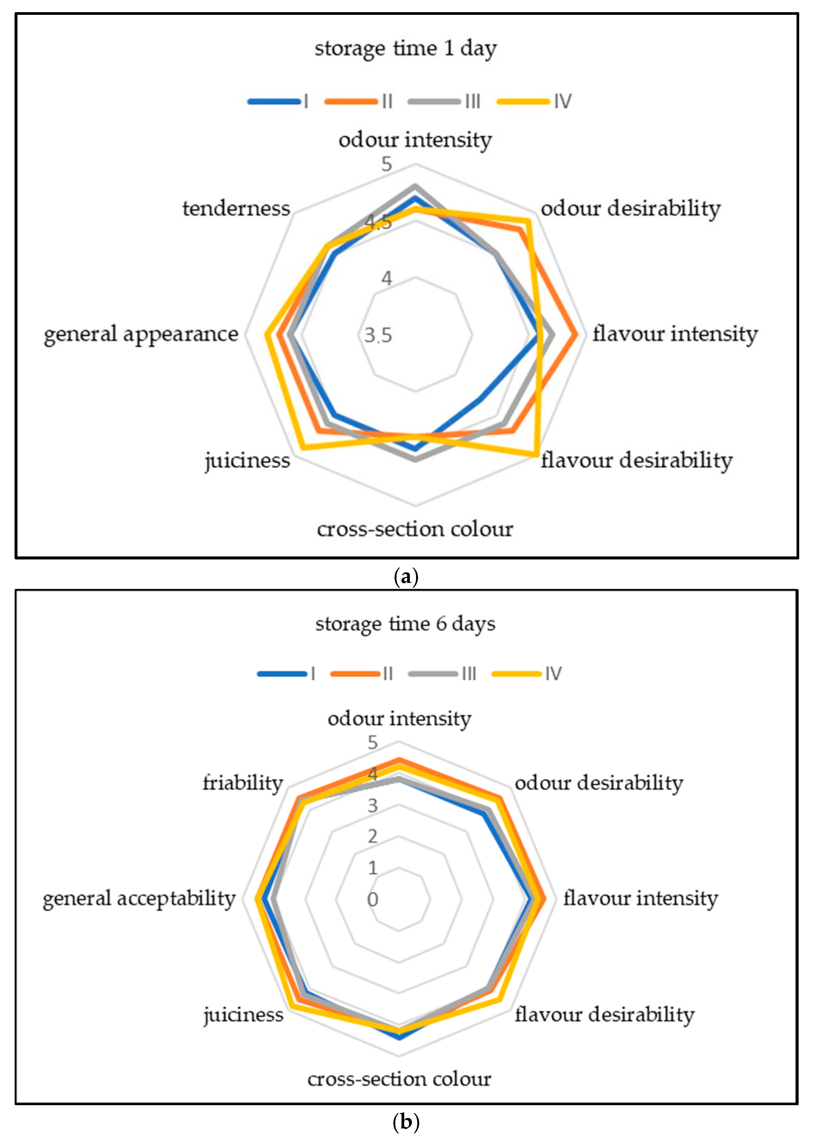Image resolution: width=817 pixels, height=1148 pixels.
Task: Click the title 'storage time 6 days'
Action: tap(405, 624)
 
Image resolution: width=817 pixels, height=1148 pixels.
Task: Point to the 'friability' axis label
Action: tap(242, 783)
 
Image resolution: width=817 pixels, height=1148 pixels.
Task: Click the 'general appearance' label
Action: tap(141, 334)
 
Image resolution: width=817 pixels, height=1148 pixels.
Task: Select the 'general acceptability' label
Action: tap(139, 898)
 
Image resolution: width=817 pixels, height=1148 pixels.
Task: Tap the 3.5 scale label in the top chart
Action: tap(378, 335)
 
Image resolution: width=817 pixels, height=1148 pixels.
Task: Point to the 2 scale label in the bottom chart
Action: tap(372, 836)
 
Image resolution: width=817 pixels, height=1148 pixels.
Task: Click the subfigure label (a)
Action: tap(405, 576)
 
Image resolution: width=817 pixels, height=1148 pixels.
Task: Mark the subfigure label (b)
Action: tap(405, 1122)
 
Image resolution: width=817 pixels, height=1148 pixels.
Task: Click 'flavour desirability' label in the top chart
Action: tap(637, 460)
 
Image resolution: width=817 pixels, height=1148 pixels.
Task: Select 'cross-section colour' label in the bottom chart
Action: tap(399, 1079)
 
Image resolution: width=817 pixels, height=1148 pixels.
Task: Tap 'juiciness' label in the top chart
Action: tap(247, 460)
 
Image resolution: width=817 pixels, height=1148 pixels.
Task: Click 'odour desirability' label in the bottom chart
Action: tap(599, 783)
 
